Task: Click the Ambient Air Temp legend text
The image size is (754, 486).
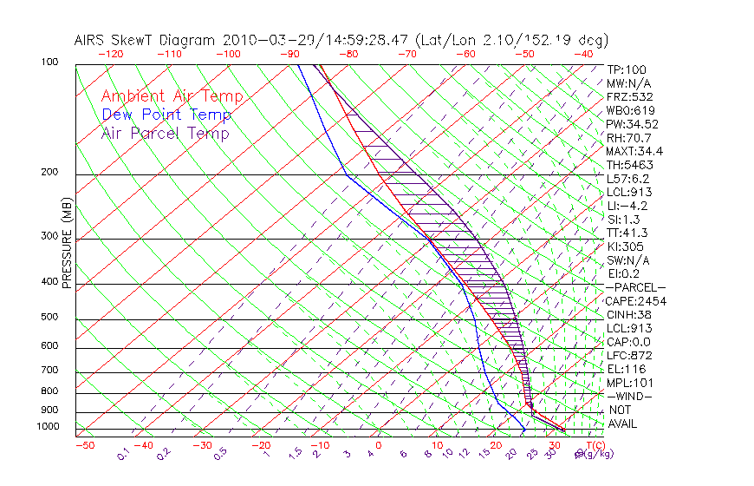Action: click(x=172, y=97)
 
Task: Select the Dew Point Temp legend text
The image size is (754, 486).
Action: click(x=166, y=115)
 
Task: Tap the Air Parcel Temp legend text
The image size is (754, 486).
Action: click(x=165, y=134)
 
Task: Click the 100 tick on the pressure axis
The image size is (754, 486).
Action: click(x=49, y=62)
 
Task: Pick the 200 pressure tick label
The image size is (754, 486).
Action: click(x=49, y=173)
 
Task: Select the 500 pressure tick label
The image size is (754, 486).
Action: click(x=49, y=318)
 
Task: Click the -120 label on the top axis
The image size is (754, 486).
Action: click(x=110, y=54)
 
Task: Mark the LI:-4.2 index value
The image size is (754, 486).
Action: click(x=627, y=206)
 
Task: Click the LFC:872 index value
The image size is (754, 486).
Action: click(x=629, y=356)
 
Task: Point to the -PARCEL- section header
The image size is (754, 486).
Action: click(x=636, y=287)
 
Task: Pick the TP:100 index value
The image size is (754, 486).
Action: click(x=627, y=70)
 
